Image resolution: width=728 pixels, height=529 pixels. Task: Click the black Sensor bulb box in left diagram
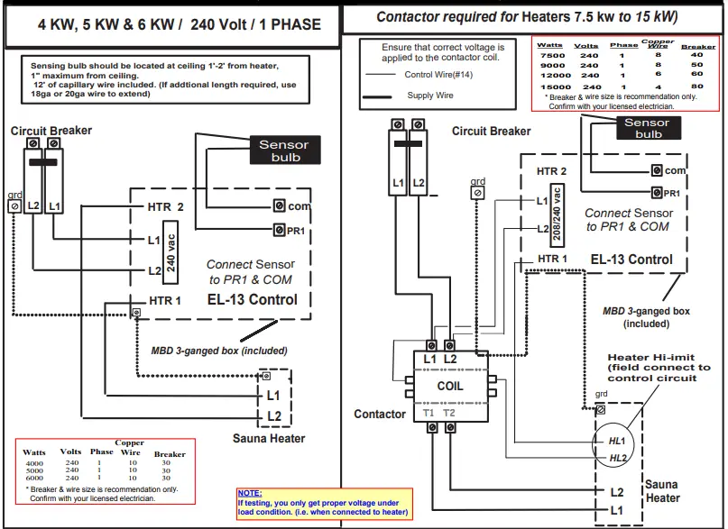283,150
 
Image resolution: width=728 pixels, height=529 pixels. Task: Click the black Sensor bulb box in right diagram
648,128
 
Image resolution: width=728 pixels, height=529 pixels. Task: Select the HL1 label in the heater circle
617,440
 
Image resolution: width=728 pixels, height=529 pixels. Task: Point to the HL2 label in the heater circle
617,458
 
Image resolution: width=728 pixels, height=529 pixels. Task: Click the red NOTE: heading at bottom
249,493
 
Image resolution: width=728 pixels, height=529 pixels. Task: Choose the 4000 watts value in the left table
34,462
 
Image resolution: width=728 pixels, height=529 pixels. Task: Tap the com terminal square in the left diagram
280,206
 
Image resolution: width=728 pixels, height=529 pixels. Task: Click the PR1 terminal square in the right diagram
657,193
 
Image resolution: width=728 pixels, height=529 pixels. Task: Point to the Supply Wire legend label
429,95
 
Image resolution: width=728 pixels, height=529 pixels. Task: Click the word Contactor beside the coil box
380,414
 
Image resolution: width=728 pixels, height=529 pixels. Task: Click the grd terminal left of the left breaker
14,205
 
